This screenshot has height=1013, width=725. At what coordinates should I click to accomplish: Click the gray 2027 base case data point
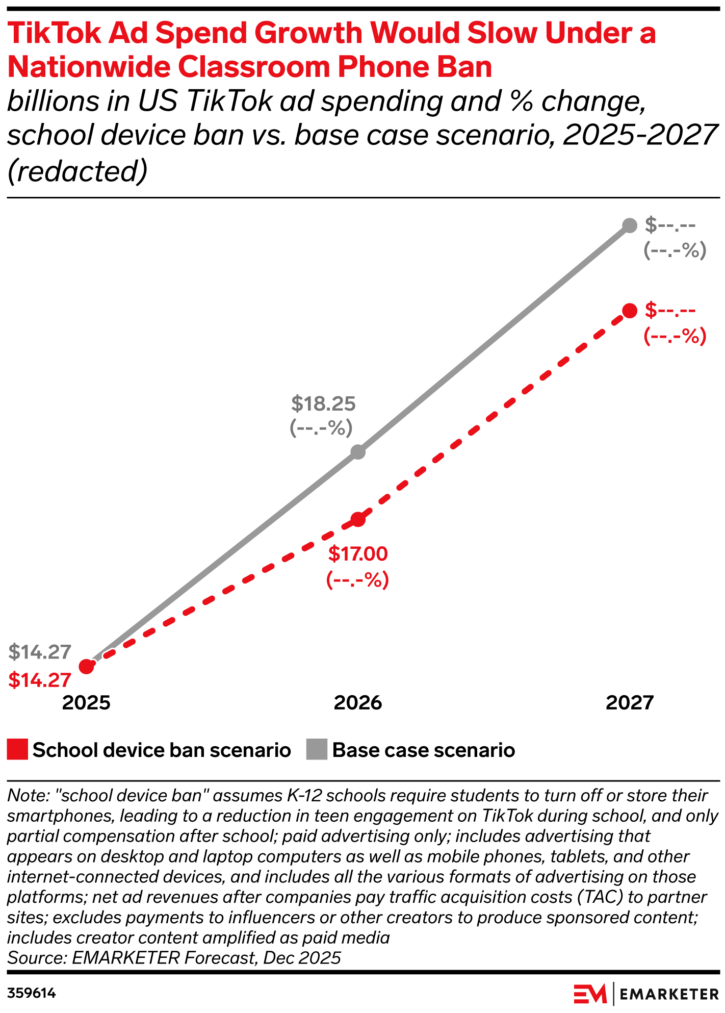tap(630, 225)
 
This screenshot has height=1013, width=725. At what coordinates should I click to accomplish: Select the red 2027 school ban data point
tap(630, 311)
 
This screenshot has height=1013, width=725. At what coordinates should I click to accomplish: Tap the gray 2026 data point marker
tap(358, 452)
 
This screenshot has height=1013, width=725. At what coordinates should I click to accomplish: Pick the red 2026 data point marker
tap(358, 520)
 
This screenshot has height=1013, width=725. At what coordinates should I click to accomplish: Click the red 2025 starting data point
tap(87, 666)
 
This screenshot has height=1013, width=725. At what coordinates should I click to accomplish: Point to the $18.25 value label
tap(323, 403)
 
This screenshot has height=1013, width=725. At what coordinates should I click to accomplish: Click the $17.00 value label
tap(358, 554)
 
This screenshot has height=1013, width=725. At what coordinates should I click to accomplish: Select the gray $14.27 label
tap(40, 652)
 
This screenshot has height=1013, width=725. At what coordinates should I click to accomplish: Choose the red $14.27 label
tap(40, 680)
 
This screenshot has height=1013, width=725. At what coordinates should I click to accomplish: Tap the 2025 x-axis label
tap(86, 703)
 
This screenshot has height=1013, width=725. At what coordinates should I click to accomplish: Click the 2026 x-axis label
tap(358, 703)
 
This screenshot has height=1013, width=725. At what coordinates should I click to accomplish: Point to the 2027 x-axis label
tap(630, 703)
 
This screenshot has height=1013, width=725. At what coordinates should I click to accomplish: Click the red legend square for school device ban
tap(17, 750)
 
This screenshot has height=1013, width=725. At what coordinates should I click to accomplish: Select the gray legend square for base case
tap(317, 750)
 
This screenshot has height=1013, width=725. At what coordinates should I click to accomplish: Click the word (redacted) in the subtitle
tap(77, 171)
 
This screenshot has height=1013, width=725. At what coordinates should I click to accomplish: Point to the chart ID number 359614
tap(32, 993)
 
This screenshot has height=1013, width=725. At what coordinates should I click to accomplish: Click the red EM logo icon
tap(590, 994)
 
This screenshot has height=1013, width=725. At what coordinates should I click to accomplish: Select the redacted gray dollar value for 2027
tap(670, 224)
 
